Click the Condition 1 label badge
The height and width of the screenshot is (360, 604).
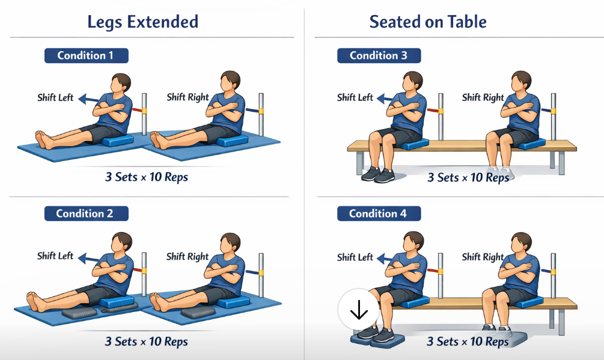coord(87,55)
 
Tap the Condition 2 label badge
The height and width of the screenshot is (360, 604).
coord(87,213)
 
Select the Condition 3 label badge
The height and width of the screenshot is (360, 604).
coord(379,55)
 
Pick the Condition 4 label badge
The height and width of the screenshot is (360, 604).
coord(379,213)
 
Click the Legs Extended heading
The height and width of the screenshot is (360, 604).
coord(143,22)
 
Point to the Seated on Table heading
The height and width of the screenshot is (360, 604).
coord(428,22)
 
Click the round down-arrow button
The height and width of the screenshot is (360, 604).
coord(359,310)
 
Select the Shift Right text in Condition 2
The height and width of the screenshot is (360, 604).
coord(187,257)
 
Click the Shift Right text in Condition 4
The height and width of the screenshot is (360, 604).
coord(483,257)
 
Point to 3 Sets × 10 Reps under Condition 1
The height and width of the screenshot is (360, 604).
coord(147,177)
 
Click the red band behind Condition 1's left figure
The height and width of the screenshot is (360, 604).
coord(137,110)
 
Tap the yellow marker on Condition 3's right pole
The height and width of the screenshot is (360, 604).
coord(554,111)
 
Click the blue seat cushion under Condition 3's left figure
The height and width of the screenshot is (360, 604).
coord(415,144)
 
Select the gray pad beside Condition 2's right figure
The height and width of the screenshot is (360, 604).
coord(198,313)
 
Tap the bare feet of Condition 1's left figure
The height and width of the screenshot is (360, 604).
coord(44,140)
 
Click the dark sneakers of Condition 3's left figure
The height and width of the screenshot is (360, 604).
coord(378,174)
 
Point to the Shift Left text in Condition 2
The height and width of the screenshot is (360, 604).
coord(55,256)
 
